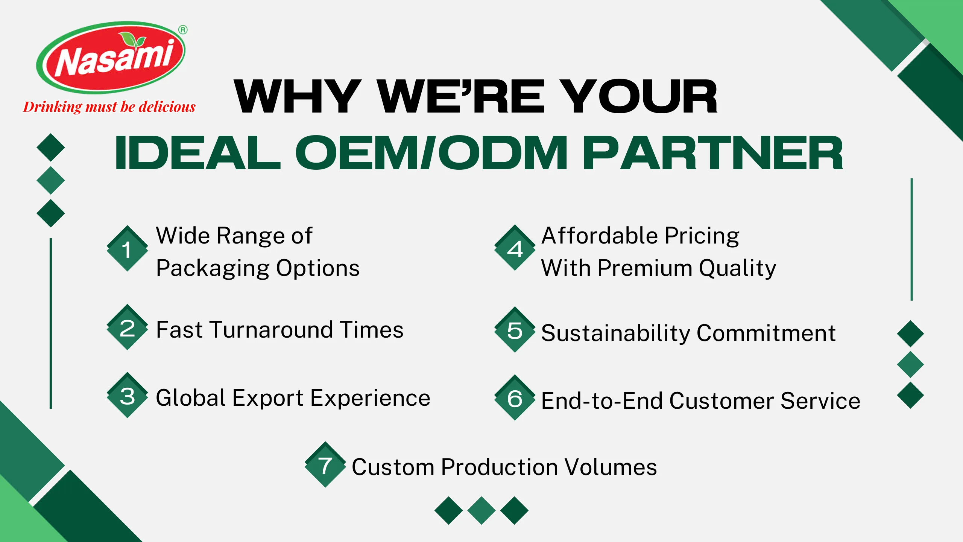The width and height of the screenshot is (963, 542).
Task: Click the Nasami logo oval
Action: tap(111, 57)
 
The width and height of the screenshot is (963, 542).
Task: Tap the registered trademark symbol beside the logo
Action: tap(183, 30)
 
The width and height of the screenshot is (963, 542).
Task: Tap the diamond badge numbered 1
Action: tap(127, 248)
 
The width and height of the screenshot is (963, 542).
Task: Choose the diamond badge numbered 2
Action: tap(127, 327)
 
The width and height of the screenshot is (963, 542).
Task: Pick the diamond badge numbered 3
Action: tap(127, 395)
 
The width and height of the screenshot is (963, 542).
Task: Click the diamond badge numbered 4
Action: tap(515, 248)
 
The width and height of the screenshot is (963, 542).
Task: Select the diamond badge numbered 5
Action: tap(515, 330)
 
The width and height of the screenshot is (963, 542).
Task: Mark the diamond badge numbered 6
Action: tap(515, 398)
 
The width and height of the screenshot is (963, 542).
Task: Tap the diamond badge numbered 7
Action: tap(325, 464)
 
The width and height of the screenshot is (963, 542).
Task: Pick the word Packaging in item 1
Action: tap(213, 269)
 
